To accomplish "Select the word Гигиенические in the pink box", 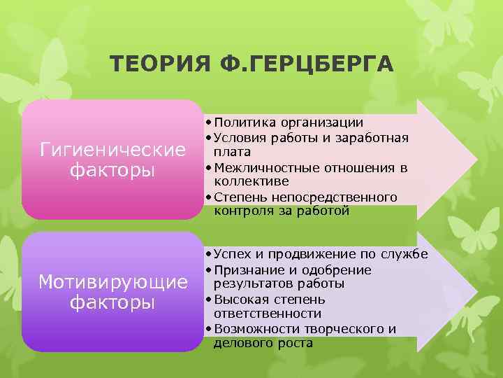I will point(112,150).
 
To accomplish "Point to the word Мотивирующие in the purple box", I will point(112,282).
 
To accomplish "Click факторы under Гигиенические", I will point(112,171).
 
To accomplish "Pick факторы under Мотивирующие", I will point(112,303).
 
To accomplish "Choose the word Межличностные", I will point(263,167).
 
